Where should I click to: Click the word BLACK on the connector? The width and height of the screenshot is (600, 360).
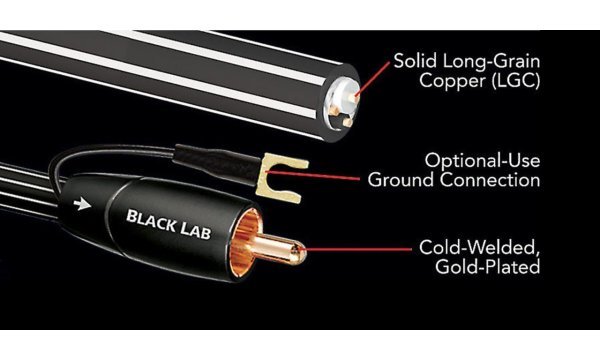coord(150,215)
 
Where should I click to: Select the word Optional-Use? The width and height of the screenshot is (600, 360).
coord(482,160)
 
